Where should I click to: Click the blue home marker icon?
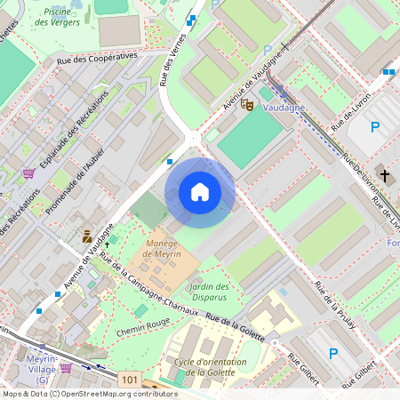(x=200, y=192)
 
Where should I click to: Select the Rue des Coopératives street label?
(x=97, y=55)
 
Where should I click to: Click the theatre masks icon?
(x=251, y=105)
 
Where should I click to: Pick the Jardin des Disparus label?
(x=211, y=292)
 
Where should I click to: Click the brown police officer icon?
(x=87, y=236)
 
